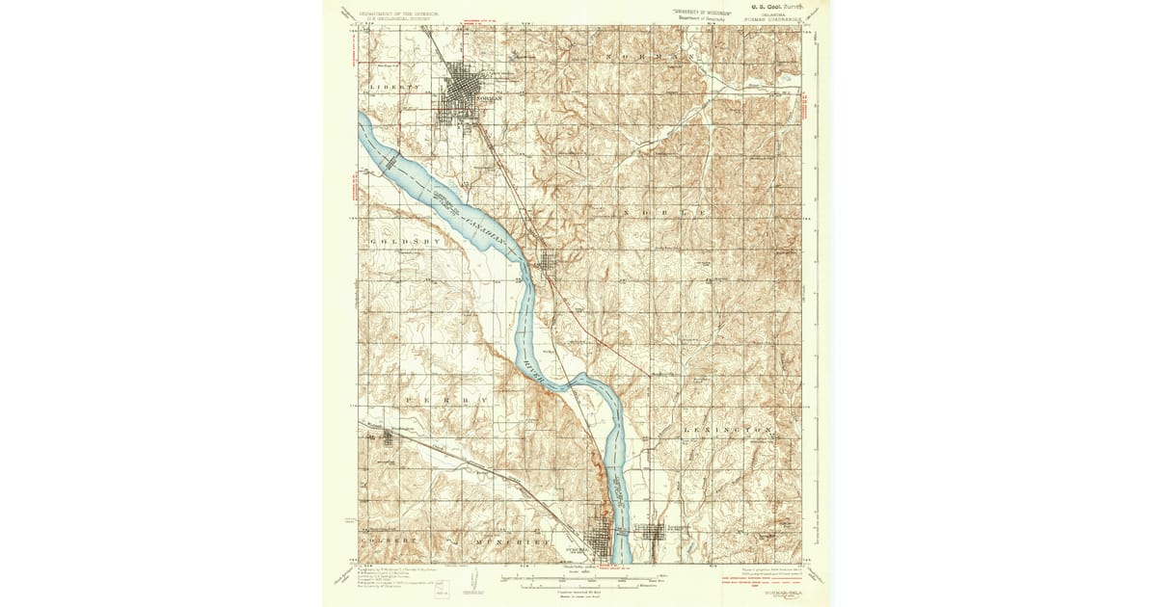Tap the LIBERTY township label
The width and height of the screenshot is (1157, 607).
coord(396,87)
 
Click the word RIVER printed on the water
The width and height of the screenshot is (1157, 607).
coord(533,371)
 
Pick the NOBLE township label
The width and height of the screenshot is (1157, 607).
coord(666,212)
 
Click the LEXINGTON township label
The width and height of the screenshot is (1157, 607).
coord(728,428)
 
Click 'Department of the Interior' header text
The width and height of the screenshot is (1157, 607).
coord(399,13)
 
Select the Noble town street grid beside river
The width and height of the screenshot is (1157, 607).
coord(547,261)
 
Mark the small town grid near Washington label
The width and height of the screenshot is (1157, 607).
coord(388,438)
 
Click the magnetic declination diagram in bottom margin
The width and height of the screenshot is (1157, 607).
coord(472,581)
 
